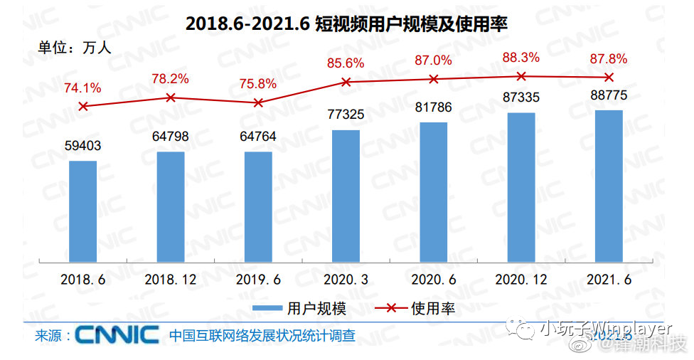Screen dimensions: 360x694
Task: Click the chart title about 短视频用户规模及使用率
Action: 346,23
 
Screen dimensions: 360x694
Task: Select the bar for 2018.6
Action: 83,211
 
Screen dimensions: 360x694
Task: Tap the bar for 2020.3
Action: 346,196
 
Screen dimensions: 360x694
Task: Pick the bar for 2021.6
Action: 609,186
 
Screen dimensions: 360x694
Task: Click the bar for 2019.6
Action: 258,206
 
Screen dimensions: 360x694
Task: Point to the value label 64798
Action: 171,137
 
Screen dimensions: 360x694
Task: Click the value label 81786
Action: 434,108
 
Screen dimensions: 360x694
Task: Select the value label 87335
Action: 521,98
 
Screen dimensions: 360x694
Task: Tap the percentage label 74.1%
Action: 82,89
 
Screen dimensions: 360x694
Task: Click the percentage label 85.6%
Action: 346,63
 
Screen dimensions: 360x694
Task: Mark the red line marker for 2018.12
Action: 171,97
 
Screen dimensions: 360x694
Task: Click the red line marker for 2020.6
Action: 434,79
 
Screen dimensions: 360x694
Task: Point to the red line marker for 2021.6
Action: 609,77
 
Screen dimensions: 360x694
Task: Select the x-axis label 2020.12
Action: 521,280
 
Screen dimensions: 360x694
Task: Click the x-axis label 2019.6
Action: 258,280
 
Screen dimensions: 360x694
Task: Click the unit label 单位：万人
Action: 74,49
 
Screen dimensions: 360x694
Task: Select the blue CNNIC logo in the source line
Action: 117,334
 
